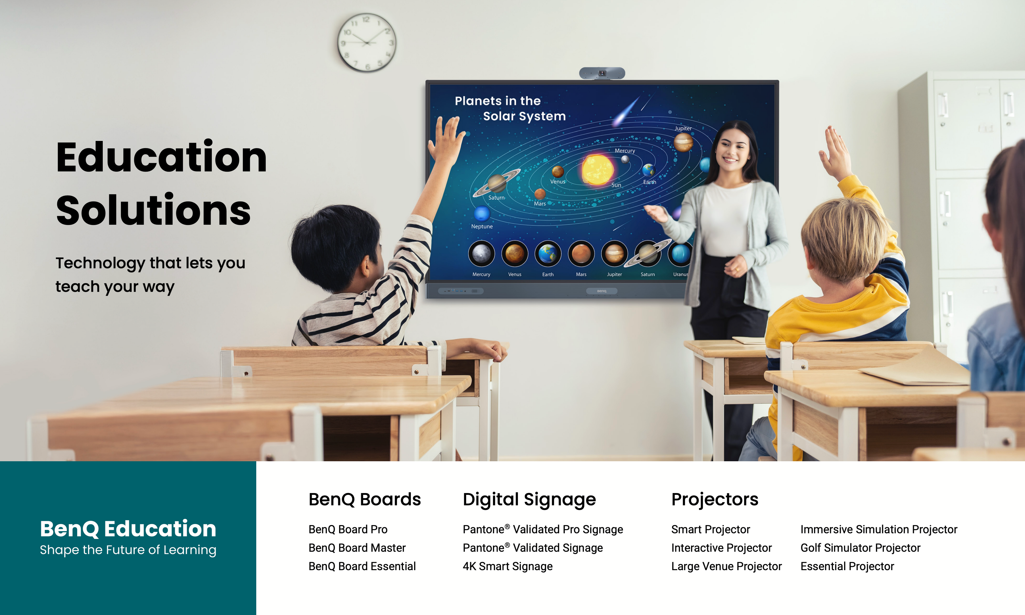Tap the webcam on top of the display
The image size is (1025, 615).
[x=602, y=73]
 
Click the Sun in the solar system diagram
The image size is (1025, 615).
[x=597, y=169]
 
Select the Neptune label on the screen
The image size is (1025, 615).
[x=482, y=226]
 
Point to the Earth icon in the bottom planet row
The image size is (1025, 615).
[x=548, y=254]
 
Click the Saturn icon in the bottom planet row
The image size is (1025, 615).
[x=648, y=253]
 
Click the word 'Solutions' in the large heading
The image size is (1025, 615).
[x=153, y=211]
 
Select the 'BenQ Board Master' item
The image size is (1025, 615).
[x=357, y=548]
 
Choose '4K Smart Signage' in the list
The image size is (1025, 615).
[x=507, y=566]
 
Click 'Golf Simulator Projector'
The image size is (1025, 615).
[x=860, y=548]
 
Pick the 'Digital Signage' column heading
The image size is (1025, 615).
[x=529, y=500]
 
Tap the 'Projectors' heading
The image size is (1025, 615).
[x=715, y=499]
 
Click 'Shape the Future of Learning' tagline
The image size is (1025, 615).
[x=128, y=550]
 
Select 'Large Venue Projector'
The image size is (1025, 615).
[x=726, y=566]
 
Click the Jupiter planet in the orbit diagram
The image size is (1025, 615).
[x=683, y=143]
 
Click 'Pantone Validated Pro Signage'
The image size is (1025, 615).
[x=543, y=529]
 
